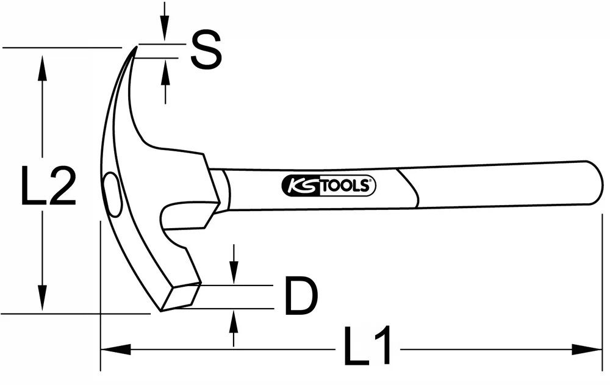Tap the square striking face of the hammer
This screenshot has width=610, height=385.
(x=181, y=297)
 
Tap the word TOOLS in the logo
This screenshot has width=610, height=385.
(x=346, y=186)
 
